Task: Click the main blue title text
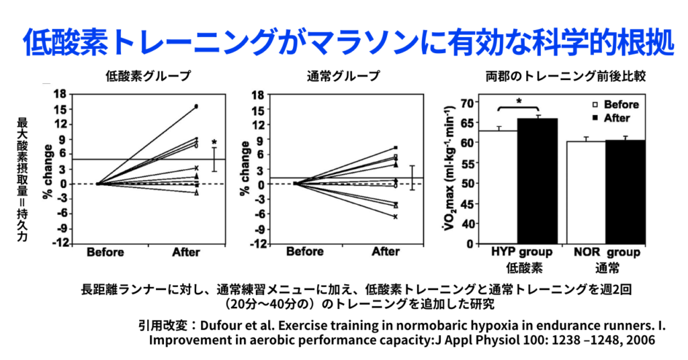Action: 344,42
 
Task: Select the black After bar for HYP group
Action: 537,181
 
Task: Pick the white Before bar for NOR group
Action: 585,192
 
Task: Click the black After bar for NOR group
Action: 625,191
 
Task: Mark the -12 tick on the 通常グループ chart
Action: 256,243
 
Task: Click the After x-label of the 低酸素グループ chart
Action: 186,253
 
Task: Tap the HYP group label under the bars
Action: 520,253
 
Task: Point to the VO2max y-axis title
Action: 451,171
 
